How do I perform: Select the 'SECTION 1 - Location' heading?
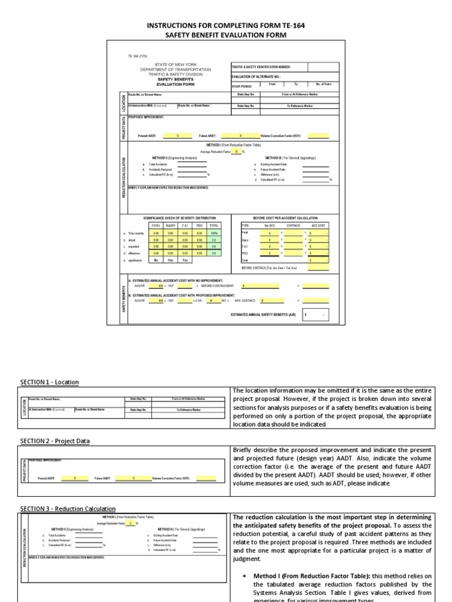pos(49,382)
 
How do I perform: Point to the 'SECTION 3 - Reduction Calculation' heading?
pos(68,509)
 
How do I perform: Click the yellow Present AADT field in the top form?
pos(178,135)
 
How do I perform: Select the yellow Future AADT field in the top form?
pos(240,135)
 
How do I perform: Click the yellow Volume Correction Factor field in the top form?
pos(318,135)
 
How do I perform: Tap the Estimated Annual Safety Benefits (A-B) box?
pos(315,315)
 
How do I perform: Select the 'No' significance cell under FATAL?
pos(156,259)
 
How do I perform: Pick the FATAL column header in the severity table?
pos(156,225)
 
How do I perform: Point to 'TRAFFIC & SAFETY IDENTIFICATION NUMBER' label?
pos(261,67)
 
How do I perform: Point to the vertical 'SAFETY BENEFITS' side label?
pos(124,300)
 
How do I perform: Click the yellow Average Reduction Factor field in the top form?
pos(236,152)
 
